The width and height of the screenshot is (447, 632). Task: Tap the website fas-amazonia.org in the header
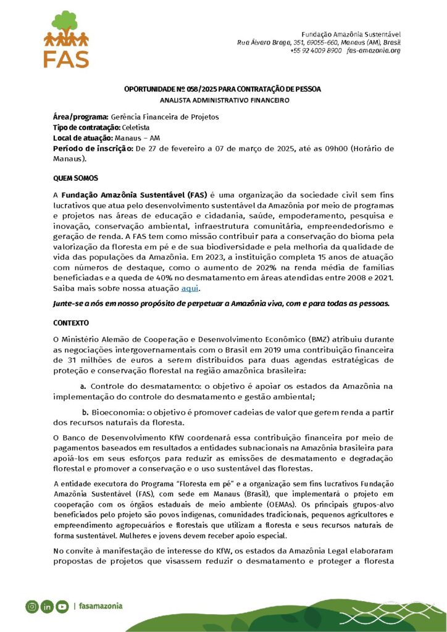(x=374, y=50)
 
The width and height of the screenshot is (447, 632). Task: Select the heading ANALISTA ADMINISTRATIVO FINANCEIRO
(x=224, y=99)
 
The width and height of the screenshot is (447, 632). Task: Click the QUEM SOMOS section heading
(x=75, y=178)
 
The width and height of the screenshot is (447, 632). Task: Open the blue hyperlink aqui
(x=190, y=288)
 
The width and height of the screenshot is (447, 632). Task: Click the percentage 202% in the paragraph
(x=302, y=267)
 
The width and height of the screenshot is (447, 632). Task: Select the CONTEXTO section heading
(x=71, y=323)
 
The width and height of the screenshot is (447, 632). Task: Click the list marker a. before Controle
(x=83, y=386)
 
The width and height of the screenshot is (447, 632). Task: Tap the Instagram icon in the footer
(x=31, y=606)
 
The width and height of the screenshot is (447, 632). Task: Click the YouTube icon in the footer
(x=62, y=606)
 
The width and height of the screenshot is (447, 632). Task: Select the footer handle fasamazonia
(x=100, y=606)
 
